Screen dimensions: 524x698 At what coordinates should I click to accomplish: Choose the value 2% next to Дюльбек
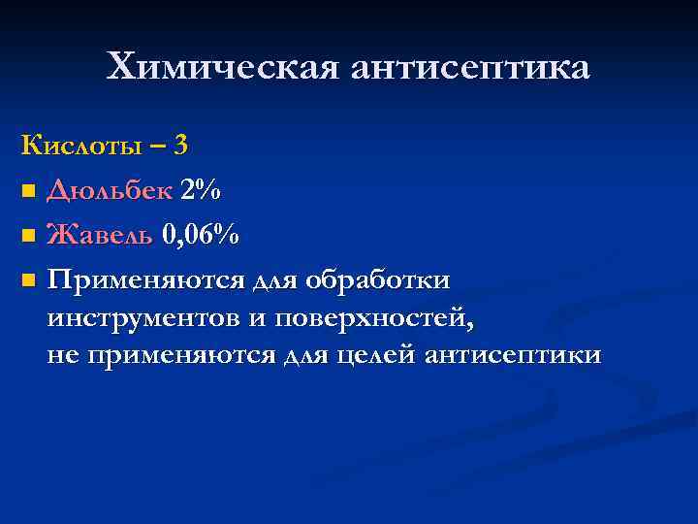[200, 190]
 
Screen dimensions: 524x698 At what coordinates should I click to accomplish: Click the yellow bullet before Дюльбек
[28, 192]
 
